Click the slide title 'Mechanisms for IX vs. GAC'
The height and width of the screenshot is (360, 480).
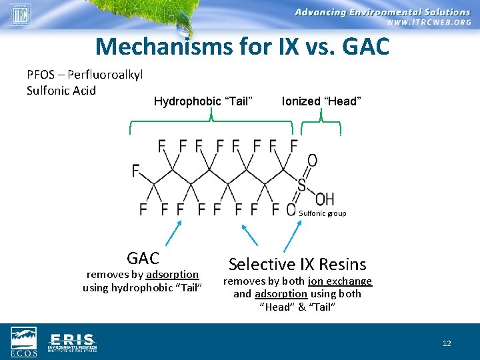241,47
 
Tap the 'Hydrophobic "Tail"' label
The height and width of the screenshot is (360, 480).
203,101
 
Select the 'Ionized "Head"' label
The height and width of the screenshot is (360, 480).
321,101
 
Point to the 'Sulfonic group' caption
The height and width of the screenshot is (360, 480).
323,213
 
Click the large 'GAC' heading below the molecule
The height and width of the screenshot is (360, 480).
143,258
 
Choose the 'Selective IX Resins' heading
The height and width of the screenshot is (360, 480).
297,264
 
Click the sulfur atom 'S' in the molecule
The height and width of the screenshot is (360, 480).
302,185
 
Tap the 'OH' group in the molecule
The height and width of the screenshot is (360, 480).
324,199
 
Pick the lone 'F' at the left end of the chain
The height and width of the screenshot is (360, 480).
136,171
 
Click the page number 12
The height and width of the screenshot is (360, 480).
447,343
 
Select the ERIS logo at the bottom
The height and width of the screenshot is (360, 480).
73,341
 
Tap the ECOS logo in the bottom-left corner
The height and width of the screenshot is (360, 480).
24,342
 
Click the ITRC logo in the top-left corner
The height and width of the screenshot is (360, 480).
20,15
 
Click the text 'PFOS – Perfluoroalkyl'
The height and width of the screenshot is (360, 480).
85,75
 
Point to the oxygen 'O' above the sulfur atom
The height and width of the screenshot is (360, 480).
312,160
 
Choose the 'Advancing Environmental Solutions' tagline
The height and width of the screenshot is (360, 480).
383,11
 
